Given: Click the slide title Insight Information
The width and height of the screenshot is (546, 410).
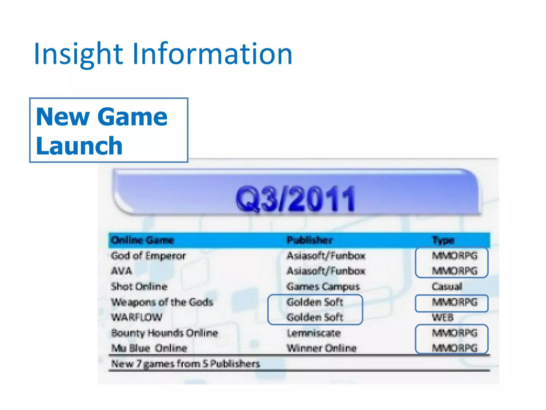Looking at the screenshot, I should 163,54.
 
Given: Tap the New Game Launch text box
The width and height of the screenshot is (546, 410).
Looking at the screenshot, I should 109,130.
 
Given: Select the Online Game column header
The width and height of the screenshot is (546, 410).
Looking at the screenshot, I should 142,240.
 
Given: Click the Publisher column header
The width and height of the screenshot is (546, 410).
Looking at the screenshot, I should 310,240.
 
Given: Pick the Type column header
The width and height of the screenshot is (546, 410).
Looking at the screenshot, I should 443,240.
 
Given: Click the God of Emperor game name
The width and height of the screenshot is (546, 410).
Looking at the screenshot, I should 148,256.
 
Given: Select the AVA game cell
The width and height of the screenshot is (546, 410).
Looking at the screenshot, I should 122,271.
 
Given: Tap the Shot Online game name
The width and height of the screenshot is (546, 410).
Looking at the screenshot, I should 139,286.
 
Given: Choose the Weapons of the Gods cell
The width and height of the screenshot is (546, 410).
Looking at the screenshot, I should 162,302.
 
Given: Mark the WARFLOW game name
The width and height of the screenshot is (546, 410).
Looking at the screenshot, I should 136,317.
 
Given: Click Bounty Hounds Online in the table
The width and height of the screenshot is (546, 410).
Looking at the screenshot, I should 164,333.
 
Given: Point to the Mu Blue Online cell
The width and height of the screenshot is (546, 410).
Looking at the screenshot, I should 149,348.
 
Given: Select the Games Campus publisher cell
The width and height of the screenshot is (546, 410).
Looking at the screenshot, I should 323,286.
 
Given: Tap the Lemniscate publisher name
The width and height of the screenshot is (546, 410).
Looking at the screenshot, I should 314,333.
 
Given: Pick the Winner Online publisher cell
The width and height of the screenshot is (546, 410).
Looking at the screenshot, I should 322,348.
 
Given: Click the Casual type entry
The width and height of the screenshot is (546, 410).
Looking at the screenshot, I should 447,286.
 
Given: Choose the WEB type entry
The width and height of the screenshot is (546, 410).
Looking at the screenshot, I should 443,317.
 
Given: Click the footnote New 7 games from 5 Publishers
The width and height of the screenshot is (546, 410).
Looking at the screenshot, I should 185,364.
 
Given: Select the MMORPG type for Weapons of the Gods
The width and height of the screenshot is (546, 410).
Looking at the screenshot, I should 454,302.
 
